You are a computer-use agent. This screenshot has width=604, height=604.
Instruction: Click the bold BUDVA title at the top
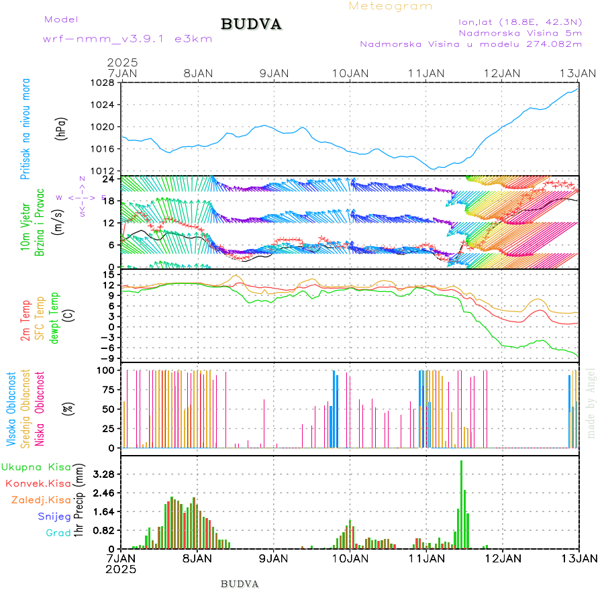(x=251, y=25)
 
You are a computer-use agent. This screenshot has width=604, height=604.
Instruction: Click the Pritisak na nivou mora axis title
(x=26, y=130)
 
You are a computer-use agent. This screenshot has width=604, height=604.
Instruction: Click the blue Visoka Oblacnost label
(x=11, y=409)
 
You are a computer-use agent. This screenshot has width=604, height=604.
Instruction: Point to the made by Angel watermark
(x=591, y=403)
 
